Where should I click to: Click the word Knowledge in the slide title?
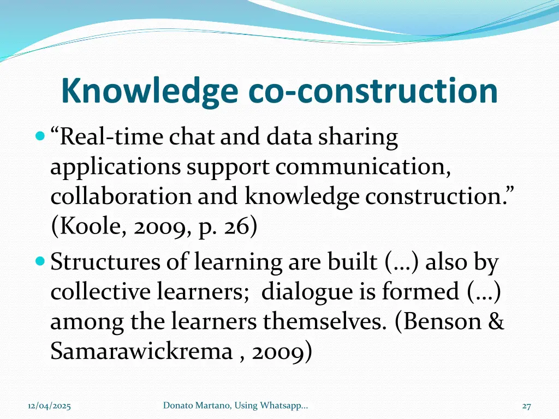[x=149, y=91]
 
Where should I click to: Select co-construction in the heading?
[x=373, y=91]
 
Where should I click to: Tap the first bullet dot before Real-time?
[x=39, y=135]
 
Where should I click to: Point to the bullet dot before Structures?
[x=39, y=262]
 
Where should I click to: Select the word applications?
[x=115, y=166]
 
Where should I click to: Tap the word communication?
[x=363, y=166]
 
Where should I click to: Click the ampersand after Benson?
[x=496, y=321]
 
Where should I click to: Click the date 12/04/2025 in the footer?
[x=49, y=406]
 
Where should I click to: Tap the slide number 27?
[x=527, y=406]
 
